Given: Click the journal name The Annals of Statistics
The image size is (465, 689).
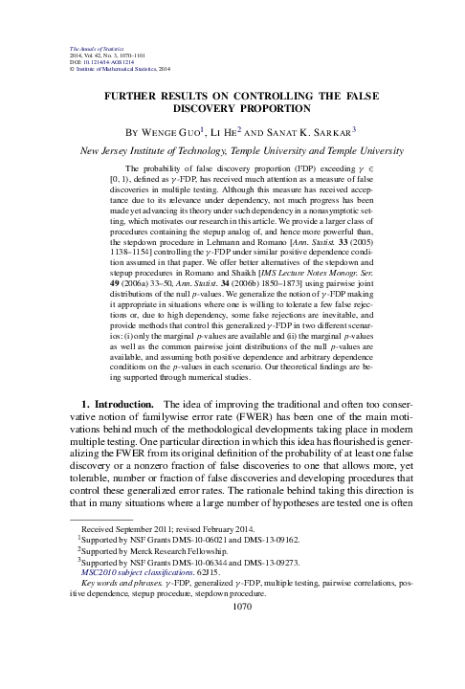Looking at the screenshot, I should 93,50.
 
